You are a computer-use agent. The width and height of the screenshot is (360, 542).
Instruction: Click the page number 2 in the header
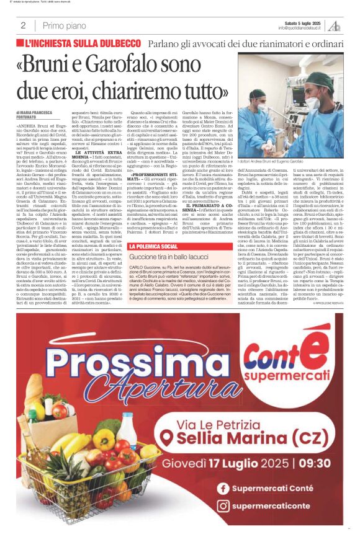tap(23, 25)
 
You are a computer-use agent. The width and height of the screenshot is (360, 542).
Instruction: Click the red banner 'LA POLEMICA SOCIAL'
tap(153, 247)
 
